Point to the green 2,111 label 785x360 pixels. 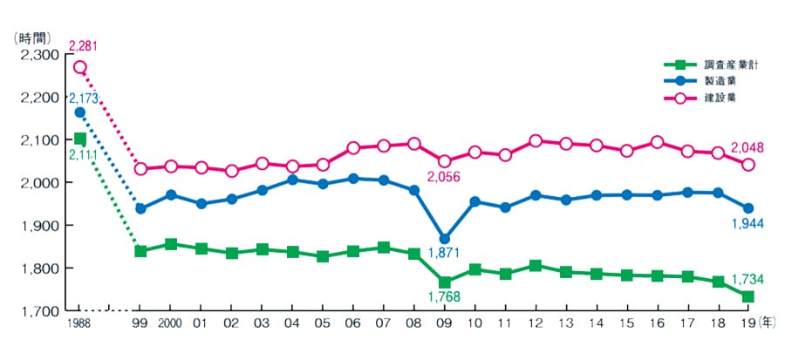point(79,156)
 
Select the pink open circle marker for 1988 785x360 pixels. point(79,67)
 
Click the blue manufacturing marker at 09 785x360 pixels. point(445,239)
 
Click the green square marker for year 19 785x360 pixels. point(748,297)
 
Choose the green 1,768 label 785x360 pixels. point(444,299)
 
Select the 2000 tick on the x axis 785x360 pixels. point(171,325)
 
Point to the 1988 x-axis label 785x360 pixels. point(79,325)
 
